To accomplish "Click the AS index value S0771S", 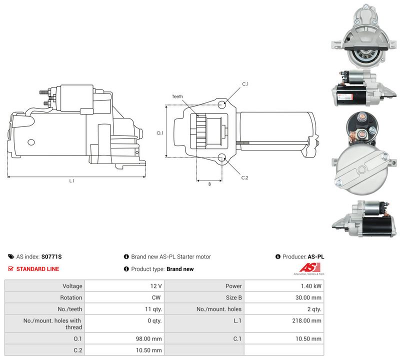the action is [x=51, y=256].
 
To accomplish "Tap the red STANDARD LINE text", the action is [x=37, y=269].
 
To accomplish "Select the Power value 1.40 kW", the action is [x=311, y=286].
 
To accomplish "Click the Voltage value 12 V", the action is [x=156, y=286].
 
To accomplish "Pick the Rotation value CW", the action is [x=156, y=297].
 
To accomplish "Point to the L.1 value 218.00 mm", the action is [x=306, y=320].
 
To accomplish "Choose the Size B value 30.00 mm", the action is [x=308, y=297].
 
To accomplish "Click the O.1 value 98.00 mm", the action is [x=148, y=339].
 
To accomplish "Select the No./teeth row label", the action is [x=70, y=309].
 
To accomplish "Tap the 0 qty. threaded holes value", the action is [x=154, y=320].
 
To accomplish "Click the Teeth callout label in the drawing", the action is [x=177, y=96].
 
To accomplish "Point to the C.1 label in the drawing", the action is [x=245, y=84].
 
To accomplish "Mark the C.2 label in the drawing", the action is [x=244, y=177].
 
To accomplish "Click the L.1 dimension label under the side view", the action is [x=71, y=180].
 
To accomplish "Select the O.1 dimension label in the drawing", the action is [x=159, y=133].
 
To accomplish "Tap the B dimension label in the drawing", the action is [x=209, y=184].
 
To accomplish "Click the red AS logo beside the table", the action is [x=309, y=267].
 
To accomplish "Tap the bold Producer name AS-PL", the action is [x=316, y=256].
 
